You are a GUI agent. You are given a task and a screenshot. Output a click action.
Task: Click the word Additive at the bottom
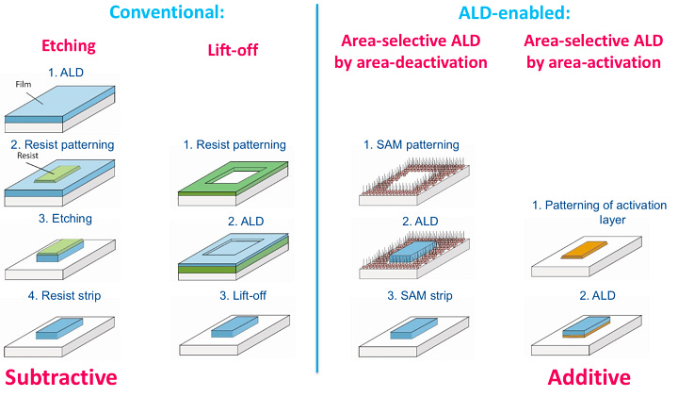pos(589,377)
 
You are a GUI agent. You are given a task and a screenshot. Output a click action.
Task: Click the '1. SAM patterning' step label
pos(412,145)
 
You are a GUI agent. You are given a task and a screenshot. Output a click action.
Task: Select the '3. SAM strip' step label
pos(412,296)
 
